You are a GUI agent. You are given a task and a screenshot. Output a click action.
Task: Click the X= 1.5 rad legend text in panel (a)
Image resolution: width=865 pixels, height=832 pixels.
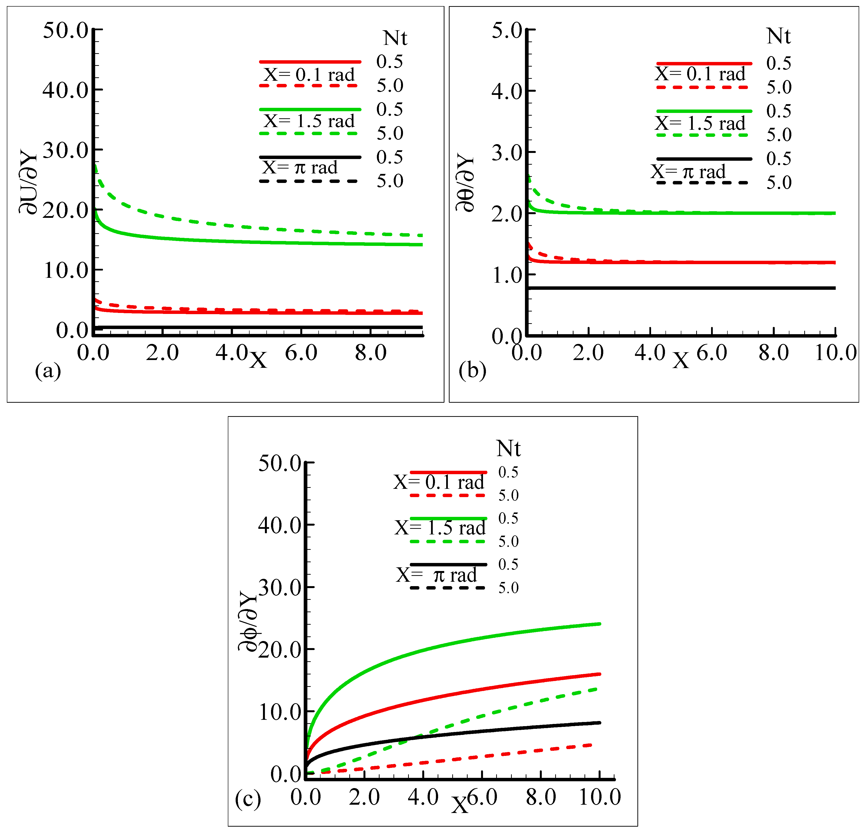pyautogui.click(x=309, y=121)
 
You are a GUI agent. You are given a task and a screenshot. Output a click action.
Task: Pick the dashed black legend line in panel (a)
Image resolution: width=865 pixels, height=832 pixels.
pyautogui.click(x=309, y=181)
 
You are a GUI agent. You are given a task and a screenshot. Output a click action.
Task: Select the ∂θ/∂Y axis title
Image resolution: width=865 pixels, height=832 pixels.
pyautogui.click(x=465, y=182)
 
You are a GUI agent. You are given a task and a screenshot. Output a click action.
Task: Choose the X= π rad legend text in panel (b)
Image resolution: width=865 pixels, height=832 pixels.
pyautogui.click(x=688, y=171)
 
